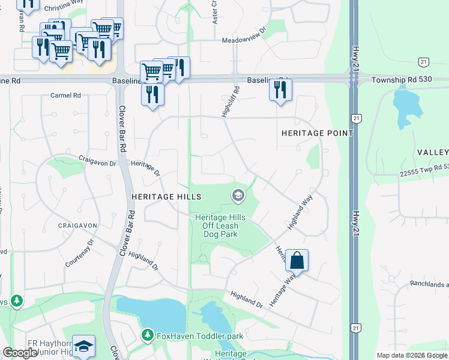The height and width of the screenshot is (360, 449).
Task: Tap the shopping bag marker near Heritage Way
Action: click(297, 261)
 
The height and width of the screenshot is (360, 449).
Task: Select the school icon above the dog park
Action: click(238, 196)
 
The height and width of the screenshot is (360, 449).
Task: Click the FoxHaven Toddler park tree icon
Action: click(146, 335)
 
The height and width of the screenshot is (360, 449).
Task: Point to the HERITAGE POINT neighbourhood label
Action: click(317, 133)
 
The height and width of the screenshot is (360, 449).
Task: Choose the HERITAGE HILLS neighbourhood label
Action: click(166, 197)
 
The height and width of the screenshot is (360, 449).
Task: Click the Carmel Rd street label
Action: click(65, 95)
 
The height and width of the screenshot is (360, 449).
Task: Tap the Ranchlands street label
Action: click(429, 284)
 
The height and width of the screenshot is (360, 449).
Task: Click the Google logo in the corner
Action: click(20, 353)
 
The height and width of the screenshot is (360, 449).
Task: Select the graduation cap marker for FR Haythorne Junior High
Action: click(84, 346)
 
